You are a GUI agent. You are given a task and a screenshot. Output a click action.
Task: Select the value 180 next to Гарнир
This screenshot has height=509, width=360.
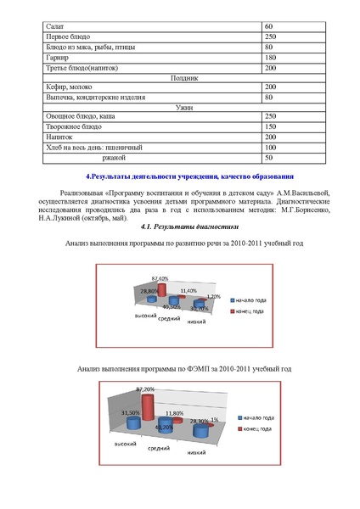tap(271, 57)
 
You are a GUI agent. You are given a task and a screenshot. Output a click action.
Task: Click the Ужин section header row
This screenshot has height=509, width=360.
tap(184, 106)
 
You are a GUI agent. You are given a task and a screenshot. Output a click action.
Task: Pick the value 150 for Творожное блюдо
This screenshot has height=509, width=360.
tap(271, 126)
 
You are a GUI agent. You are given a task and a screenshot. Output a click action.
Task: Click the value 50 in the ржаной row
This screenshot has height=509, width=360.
tap(269, 157)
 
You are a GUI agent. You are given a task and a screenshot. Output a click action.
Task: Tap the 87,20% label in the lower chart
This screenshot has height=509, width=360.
tap(145, 389)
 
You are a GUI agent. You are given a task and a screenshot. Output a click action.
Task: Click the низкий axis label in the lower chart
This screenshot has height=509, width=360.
tap(198, 453)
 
